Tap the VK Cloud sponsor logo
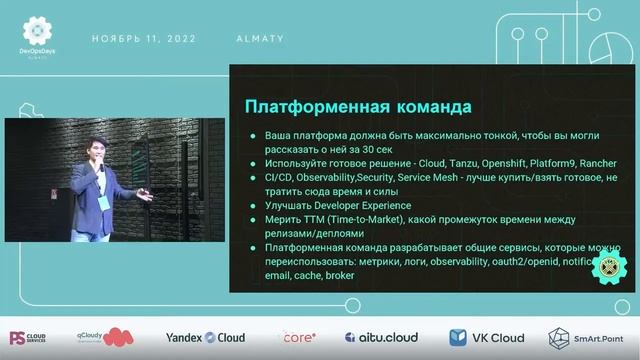(486, 337)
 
